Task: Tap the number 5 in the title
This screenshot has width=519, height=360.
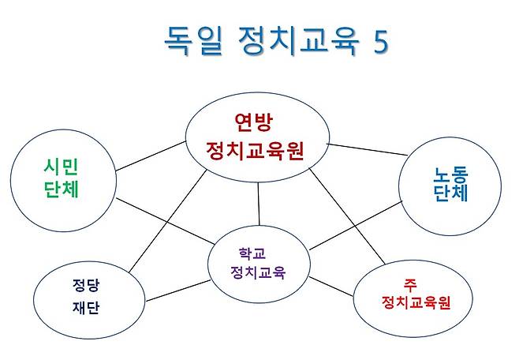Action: tap(380, 42)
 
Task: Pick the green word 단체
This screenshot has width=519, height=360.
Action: tap(63, 190)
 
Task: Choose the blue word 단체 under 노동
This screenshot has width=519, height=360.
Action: tap(451, 193)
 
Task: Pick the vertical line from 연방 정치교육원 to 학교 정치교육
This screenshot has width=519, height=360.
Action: tap(259, 201)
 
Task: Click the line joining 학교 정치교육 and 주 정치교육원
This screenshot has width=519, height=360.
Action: tap(331, 286)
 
